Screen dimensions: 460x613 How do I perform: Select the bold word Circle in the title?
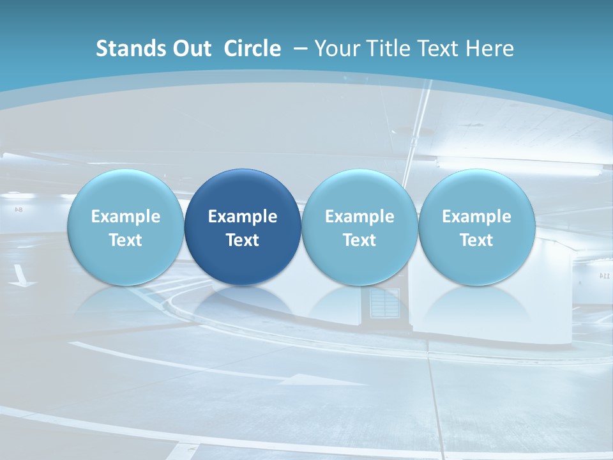252,49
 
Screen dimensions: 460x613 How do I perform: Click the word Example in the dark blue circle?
243,217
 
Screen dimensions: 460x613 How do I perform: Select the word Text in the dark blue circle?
243,240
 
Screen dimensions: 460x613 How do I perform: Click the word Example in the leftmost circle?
126,217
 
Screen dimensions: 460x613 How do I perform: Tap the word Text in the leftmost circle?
126,240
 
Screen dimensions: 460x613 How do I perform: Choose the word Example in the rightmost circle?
476,217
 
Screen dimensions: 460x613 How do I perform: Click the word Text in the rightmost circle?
476,240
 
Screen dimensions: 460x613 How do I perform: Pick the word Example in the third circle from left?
359,217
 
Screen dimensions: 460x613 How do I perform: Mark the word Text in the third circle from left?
359,240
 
